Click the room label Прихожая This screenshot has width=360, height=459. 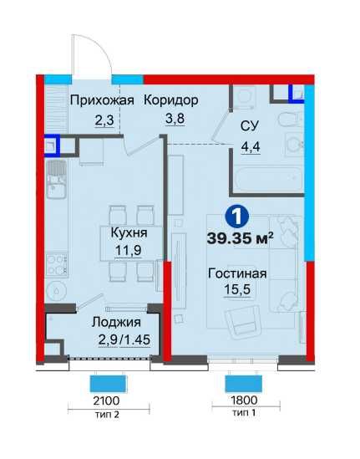(x=102, y=100)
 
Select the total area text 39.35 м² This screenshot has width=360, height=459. (x=241, y=237)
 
